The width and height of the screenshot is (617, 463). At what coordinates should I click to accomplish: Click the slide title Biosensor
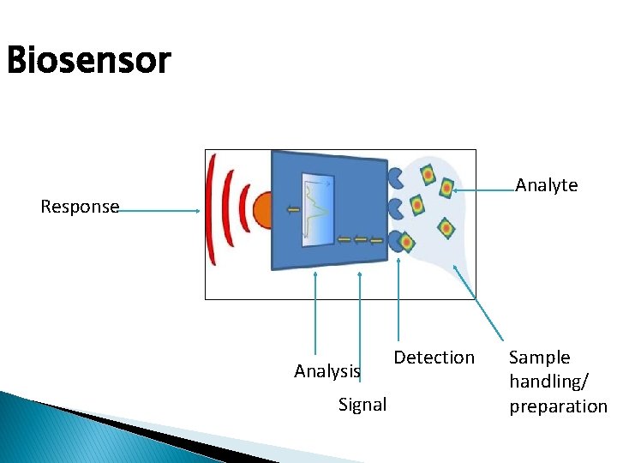pos(88,62)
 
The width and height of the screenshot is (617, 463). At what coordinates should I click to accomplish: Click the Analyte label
pos(546,185)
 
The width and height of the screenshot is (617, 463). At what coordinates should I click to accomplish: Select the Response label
pos(80,207)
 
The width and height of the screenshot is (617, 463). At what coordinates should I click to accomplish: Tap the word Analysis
pos(326,371)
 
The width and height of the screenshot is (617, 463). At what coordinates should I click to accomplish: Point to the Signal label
pos(362,405)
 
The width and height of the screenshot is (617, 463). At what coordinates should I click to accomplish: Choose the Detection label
pos(434,358)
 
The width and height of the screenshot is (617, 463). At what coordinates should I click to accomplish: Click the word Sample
pos(539,358)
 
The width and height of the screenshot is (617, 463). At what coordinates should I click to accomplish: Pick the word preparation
pos(558,406)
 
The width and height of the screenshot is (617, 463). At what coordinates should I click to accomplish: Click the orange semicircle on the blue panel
pos(262,210)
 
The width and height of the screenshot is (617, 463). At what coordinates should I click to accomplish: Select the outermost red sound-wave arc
pos(212,210)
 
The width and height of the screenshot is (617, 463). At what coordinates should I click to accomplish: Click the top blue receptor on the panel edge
pos(395,177)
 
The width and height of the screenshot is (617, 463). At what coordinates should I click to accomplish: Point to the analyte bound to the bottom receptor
pos(408,242)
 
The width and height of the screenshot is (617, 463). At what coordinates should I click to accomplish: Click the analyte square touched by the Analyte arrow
pos(446,188)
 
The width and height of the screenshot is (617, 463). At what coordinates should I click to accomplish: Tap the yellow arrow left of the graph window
pos(293,208)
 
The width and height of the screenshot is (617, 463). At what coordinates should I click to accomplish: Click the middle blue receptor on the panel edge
pos(395,208)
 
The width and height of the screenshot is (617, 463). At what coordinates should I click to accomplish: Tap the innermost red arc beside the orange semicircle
pos(245,210)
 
